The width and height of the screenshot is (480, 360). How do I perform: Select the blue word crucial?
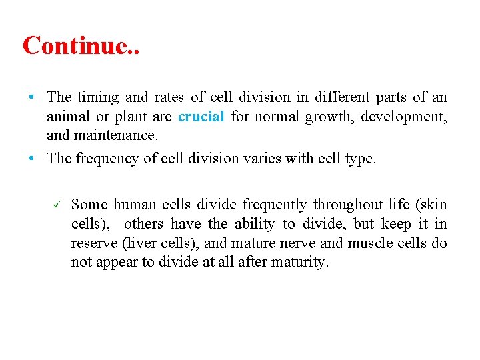(201, 117)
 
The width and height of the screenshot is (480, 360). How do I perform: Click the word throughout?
(345, 204)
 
